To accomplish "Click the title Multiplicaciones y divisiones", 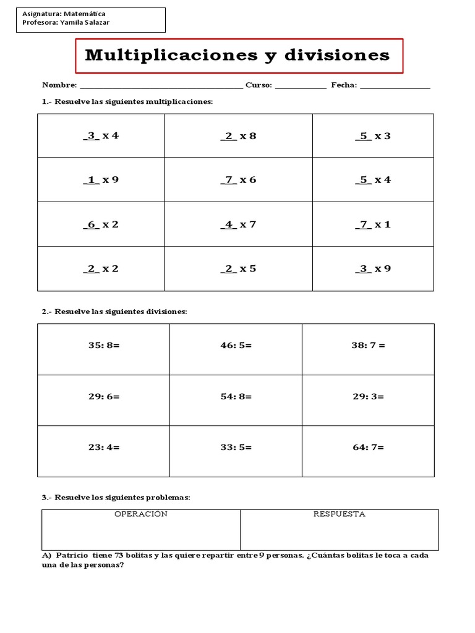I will pyautogui.click(x=237, y=56).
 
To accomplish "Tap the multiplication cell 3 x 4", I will pyautogui.click(x=101, y=136).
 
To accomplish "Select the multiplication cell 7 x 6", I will pyautogui.click(x=238, y=180).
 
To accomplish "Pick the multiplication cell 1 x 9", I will pyautogui.click(x=101, y=180).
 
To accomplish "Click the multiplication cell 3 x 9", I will pyautogui.click(x=373, y=269).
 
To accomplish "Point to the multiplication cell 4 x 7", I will pyautogui.click(x=238, y=224).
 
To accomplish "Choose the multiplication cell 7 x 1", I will pyautogui.click(x=373, y=224).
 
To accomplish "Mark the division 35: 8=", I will pyautogui.click(x=103, y=346).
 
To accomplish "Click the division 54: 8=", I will pyautogui.click(x=236, y=396).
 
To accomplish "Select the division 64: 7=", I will pyautogui.click(x=368, y=447).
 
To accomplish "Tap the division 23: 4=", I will pyautogui.click(x=103, y=447).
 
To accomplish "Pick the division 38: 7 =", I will pyautogui.click(x=368, y=346).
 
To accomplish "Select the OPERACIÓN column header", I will pyautogui.click(x=141, y=514).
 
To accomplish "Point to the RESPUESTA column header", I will pyautogui.click(x=339, y=514).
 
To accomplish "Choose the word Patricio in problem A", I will pyautogui.click(x=72, y=555).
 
